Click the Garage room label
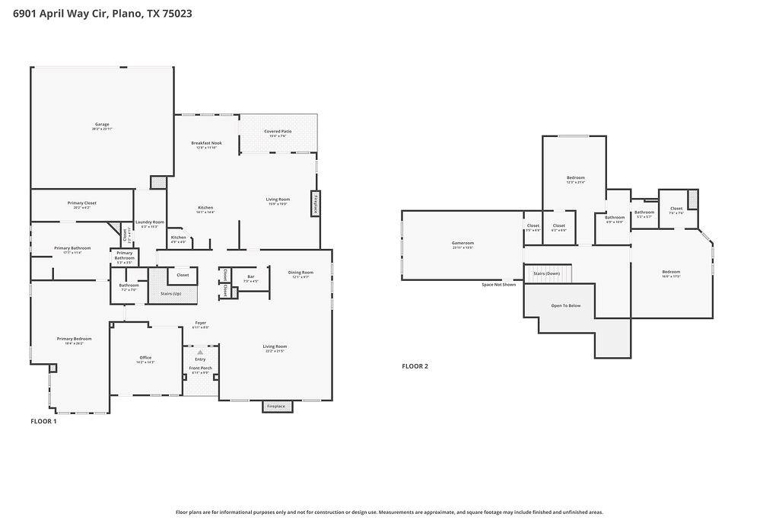[102, 124]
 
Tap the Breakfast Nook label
[206, 143]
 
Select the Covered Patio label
[278, 131]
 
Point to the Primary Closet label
[81, 203]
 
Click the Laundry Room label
[150, 222]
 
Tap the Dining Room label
[300, 273]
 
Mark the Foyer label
[200, 323]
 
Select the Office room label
[145, 358]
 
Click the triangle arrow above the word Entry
[200, 353]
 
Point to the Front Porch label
[200, 368]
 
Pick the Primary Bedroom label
[75, 339]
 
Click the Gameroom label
[463, 244]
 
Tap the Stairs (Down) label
[547, 273]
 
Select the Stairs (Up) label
[170, 293]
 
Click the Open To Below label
[566, 305]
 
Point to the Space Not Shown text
[498, 285]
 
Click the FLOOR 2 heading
[415, 366]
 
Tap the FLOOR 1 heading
[43, 421]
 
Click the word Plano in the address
[126, 13]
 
